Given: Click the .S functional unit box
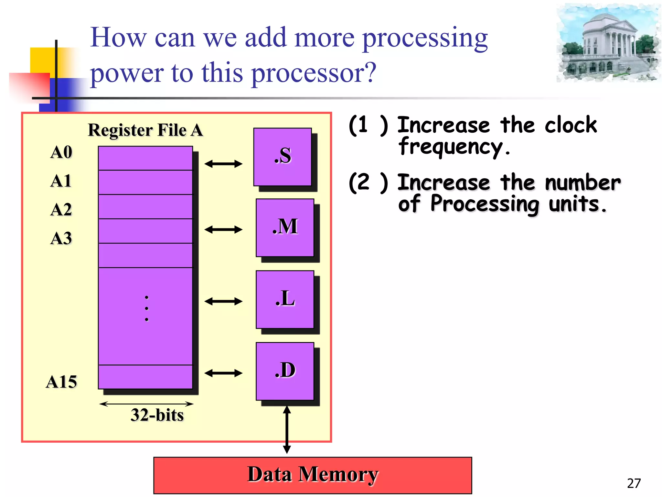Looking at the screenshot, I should click(x=283, y=157).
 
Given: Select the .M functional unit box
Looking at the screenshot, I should click(x=285, y=227).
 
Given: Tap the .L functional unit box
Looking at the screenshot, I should click(x=285, y=299).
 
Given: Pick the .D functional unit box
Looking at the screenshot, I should click(x=285, y=371).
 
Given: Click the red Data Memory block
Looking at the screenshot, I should click(x=312, y=475).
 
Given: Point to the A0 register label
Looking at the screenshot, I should click(x=61, y=152).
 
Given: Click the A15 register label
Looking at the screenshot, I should click(x=61, y=382).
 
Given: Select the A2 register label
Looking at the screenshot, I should click(x=61, y=209).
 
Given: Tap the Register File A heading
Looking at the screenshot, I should click(x=145, y=130).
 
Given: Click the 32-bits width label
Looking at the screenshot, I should click(x=157, y=415).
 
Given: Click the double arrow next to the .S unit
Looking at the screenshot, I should click(x=223, y=164).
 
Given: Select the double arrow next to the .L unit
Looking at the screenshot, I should click(x=223, y=302).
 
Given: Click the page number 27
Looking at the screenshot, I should click(x=634, y=483).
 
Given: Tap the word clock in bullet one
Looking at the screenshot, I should click(x=571, y=125).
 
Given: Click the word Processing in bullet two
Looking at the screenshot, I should click(x=485, y=204).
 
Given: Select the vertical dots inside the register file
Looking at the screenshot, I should click(x=146, y=308).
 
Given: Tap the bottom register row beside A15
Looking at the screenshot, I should click(x=145, y=377).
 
